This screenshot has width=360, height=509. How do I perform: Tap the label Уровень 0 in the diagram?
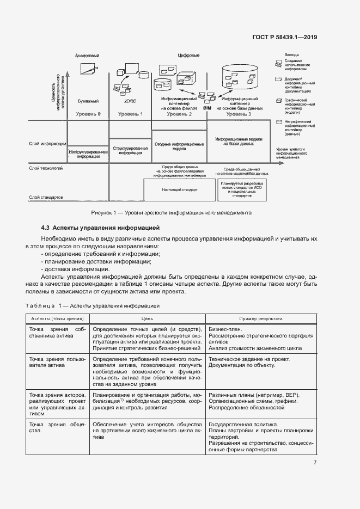pos(88,114)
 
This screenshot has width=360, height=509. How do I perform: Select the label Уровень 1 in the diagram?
pos(130,114)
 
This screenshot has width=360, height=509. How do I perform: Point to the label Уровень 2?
pos(179,114)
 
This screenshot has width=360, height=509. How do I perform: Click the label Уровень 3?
pos(239,114)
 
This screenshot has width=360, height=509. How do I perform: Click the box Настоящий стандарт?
pos(179,190)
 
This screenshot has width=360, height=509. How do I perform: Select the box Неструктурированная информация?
pos(88,153)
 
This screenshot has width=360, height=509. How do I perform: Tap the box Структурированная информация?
pos(130,150)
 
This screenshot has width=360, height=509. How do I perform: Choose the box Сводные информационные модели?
pos(179,145)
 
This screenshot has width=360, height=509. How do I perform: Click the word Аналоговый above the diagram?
pos(87,56)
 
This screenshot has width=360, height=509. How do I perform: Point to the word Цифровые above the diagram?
pos(188,56)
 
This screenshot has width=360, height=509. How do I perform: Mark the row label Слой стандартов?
pos(46,197)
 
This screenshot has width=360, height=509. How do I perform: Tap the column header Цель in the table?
pos(147,318)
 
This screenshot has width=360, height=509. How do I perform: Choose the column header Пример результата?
pos(260,318)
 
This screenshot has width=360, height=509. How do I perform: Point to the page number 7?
pos(315,463)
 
